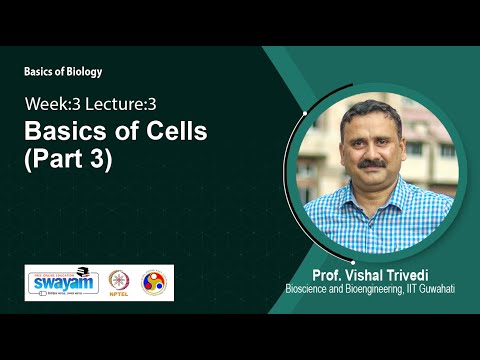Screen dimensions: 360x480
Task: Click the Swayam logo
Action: pyautogui.click(x=66, y=283)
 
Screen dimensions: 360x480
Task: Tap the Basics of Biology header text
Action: pyautogui.click(x=63, y=72)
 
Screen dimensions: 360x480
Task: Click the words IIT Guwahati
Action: pyautogui.click(x=427, y=290)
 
